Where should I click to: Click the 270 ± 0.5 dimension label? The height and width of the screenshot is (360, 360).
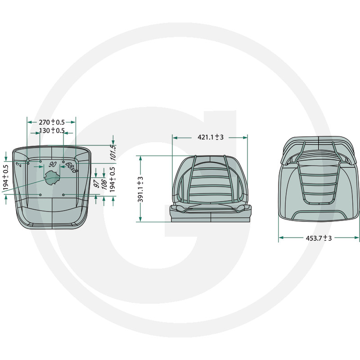pyautogui.click(x=51, y=122)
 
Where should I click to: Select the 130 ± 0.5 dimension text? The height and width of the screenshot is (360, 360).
pyautogui.click(x=52, y=131)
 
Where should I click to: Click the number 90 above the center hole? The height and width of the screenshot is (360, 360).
pyautogui.click(x=52, y=165)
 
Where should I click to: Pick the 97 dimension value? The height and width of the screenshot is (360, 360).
pyautogui.click(x=96, y=184)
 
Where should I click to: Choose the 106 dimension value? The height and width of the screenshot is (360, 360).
pyautogui.click(x=104, y=184)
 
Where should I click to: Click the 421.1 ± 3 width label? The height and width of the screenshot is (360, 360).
pyautogui.click(x=211, y=137)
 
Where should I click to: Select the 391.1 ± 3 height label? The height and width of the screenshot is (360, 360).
pyautogui.click(x=140, y=189)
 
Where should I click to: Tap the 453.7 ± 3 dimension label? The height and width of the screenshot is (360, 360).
pyautogui.click(x=319, y=238)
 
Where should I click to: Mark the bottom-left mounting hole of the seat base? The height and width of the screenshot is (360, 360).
pyautogui.click(x=40, y=194)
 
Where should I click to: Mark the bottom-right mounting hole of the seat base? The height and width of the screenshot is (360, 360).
pyautogui.click(x=64, y=194)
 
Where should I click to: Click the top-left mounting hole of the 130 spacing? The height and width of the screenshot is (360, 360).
pyautogui.click(x=40, y=161)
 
